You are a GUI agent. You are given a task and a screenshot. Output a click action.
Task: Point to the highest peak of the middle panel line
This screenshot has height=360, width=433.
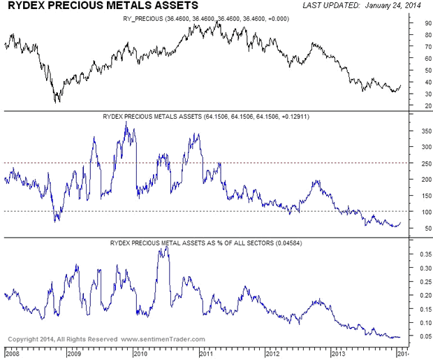click(126, 122)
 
